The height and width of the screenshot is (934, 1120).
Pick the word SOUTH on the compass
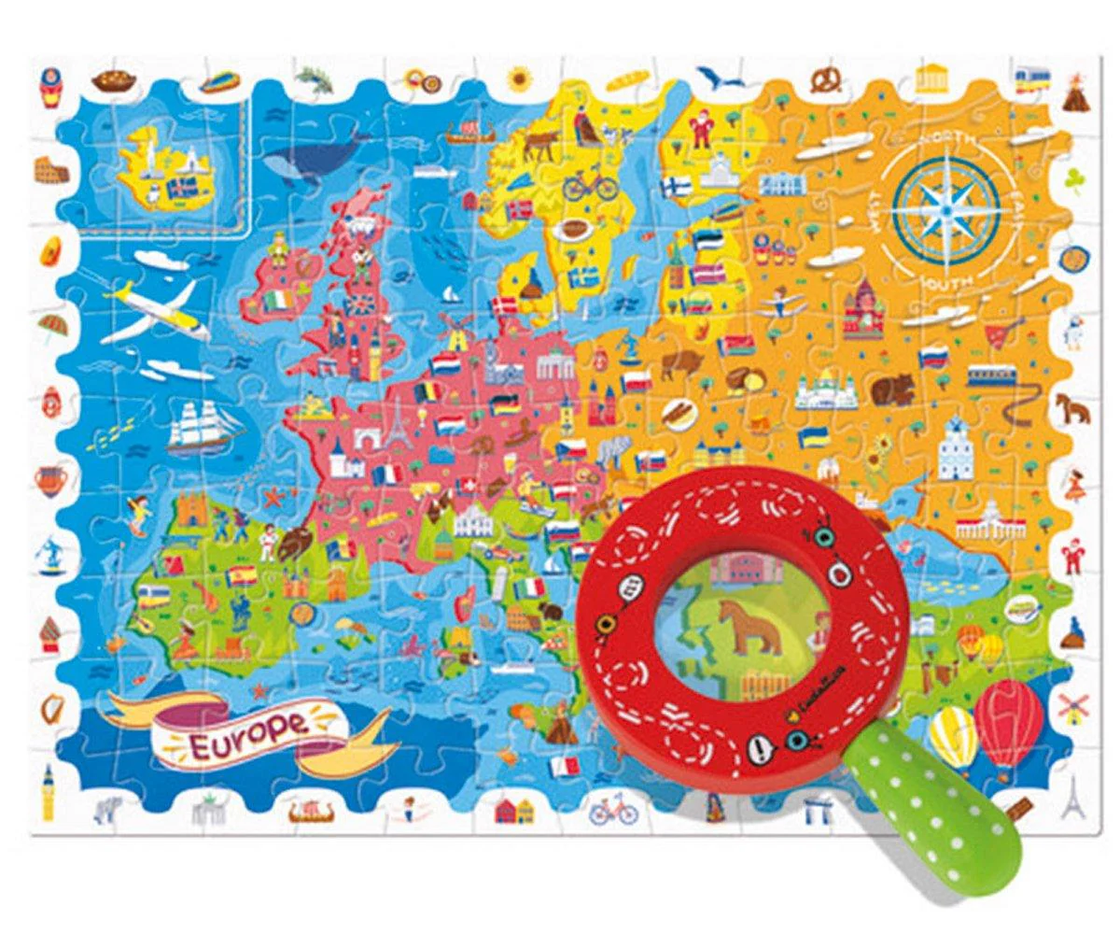tap(945, 279)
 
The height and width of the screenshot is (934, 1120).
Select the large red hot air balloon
tap(1008, 719)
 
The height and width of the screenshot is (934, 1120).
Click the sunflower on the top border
tap(519, 78)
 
